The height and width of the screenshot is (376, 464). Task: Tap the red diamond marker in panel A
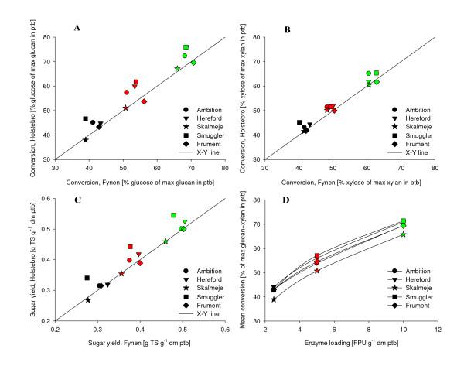(x=144, y=101)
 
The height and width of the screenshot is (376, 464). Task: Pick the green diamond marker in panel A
(x=193, y=63)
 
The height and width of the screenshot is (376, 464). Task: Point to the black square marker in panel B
(x=299, y=122)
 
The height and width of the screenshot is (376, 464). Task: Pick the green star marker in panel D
(x=403, y=234)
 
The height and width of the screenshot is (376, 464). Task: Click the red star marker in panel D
(x=317, y=271)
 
